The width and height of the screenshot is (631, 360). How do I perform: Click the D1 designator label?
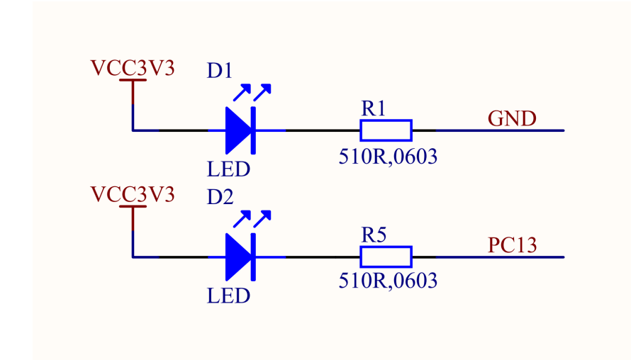point(220,72)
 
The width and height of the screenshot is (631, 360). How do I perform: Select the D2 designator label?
point(220,198)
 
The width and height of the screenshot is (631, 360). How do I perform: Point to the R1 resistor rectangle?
point(386,130)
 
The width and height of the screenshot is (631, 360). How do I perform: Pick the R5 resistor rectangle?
point(386,257)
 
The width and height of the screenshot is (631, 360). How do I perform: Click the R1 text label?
point(373,108)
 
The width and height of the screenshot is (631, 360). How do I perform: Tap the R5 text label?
point(373,235)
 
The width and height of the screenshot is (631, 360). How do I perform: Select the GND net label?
point(512,118)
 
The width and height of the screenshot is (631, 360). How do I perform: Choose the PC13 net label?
point(512,245)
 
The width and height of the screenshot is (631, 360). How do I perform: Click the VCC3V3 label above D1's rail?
point(133,68)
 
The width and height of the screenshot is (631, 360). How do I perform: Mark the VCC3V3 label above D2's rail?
point(133,194)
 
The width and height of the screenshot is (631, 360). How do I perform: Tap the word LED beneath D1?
point(228,169)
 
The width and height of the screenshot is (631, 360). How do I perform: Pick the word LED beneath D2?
point(228,296)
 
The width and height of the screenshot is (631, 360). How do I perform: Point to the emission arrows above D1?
point(252,92)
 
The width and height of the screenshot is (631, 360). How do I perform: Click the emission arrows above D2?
point(252,218)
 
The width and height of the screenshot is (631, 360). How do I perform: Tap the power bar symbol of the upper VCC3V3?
point(133,81)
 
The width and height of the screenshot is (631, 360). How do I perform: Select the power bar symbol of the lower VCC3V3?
point(133,208)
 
